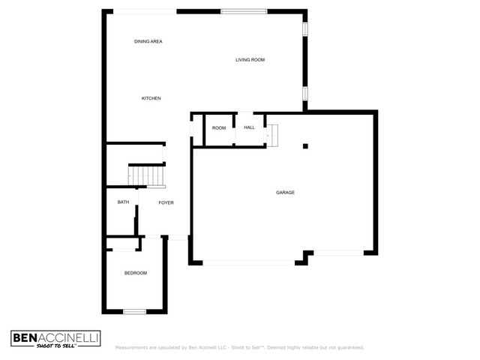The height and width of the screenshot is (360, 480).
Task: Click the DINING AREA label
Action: pos(148,41)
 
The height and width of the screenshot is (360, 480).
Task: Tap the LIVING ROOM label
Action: pos(250,60)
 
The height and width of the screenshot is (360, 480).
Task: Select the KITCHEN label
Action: pos(151,98)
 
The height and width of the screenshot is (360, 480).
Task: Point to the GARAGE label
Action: pos(285,192)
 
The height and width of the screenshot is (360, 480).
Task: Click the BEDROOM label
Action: pos(136,273)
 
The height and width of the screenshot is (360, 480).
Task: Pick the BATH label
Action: pos(123,202)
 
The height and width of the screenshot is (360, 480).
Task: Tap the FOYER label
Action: pos(166,202)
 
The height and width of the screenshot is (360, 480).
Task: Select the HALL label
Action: pos(250,127)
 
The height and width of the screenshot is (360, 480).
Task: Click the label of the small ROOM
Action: pos(219,128)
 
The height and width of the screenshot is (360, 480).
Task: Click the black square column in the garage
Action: pos(305,146)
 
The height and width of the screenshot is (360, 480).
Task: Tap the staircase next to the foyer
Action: pos(146,175)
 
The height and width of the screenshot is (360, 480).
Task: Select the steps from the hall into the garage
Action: pos(272,135)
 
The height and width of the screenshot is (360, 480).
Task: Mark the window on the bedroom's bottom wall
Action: pos(135,312)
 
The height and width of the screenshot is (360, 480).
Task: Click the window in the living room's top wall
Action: pos(244,12)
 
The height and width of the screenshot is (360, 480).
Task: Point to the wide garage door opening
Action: pos(248,262)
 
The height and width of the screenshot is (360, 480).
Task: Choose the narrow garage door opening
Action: pos(338,253)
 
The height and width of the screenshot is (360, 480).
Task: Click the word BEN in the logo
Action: pos(25,338)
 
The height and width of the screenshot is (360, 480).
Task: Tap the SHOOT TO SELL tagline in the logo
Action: pos(55,346)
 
